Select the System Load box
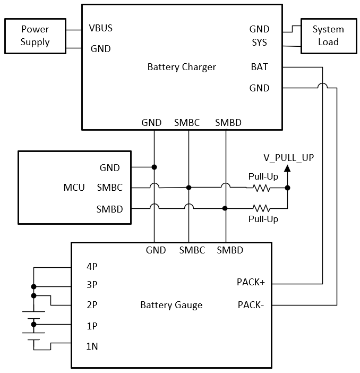(328, 35)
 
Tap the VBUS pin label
(101, 28)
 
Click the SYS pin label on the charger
(259, 41)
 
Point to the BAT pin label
(259, 67)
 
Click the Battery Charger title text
(182, 67)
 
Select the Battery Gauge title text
(171, 305)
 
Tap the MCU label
(74, 188)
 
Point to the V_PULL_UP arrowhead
(287, 168)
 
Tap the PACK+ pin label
(251, 282)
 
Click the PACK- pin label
(251, 305)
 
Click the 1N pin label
(91, 346)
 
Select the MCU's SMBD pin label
(109, 209)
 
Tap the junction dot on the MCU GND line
(154, 167)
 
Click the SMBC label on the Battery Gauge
(192, 250)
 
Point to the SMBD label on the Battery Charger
(228, 123)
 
